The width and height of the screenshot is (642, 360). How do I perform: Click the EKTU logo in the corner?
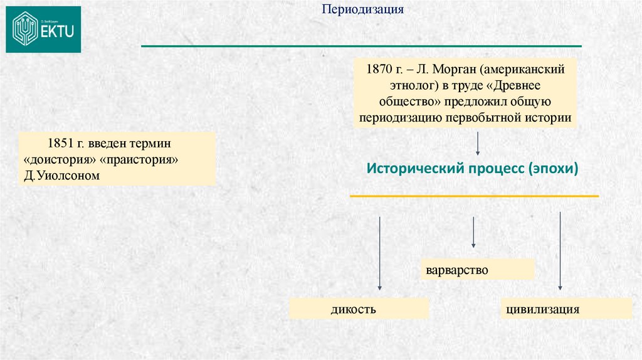[x=43, y=29]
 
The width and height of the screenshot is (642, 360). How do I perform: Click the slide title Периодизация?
[x=363, y=10]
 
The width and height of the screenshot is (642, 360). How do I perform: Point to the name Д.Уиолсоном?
[x=61, y=176]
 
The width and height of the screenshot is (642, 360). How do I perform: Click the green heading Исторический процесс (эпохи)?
[x=471, y=169]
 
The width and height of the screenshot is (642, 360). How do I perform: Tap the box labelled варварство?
[x=478, y=270]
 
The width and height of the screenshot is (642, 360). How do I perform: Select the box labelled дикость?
[x=359, y=309]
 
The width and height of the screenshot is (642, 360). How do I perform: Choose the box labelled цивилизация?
[x=566, y=309]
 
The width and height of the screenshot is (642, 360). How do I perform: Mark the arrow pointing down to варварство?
[x=473, y=232]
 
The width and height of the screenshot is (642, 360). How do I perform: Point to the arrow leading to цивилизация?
[x=560, y=251]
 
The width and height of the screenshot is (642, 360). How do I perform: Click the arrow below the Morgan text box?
[x=478, y=144]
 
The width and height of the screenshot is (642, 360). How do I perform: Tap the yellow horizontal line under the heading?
[x=474, y=196]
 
